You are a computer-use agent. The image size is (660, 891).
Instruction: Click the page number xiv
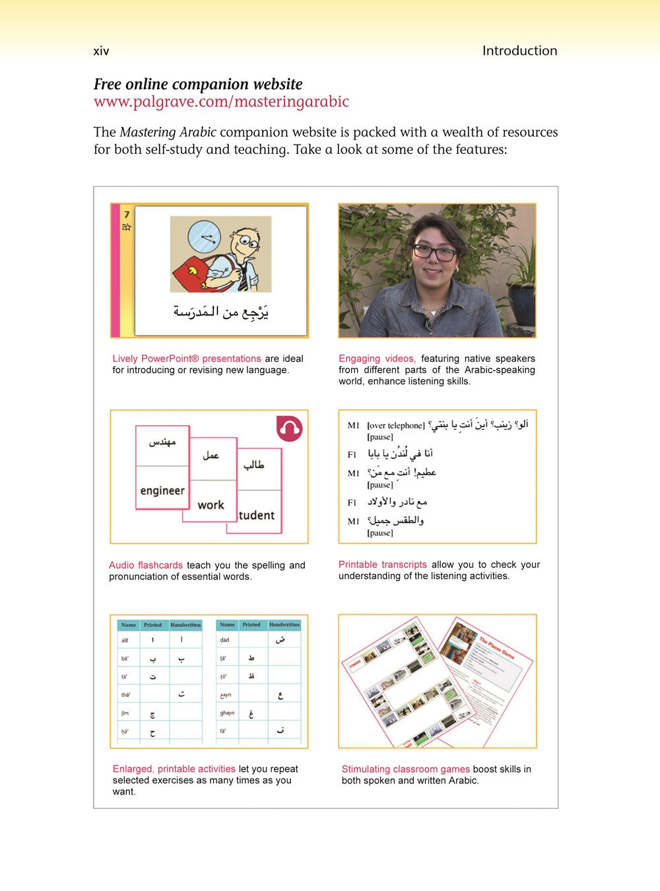(101, 51)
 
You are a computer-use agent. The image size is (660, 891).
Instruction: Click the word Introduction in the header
(519, 51)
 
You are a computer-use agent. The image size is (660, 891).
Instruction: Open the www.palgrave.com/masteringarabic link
(221, 102)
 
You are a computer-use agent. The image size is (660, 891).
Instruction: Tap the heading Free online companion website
(198, 84)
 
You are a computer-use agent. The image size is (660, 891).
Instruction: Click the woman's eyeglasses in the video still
(434, 252)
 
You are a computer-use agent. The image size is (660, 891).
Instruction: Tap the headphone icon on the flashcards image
(289, 429)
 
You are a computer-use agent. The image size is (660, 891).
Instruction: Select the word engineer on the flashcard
(162, 491)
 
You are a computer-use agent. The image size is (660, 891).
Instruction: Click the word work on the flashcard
(211, 505)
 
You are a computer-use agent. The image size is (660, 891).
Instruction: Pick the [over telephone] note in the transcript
(396, 425)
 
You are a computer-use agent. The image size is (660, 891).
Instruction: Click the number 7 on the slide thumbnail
(127, 214)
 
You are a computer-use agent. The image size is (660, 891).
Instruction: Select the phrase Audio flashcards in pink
(146, 565)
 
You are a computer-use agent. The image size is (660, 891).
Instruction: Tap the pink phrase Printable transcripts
(383, 565)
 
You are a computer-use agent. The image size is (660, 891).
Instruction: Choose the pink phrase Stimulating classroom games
(406, 769)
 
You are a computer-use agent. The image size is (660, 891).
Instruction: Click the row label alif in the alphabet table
(125, 640)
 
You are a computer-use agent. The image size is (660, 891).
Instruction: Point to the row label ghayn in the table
(227, 713)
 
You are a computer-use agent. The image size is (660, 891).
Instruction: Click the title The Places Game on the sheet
(497, 647)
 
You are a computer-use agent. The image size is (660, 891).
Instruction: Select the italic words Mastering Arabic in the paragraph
(168, 132)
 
